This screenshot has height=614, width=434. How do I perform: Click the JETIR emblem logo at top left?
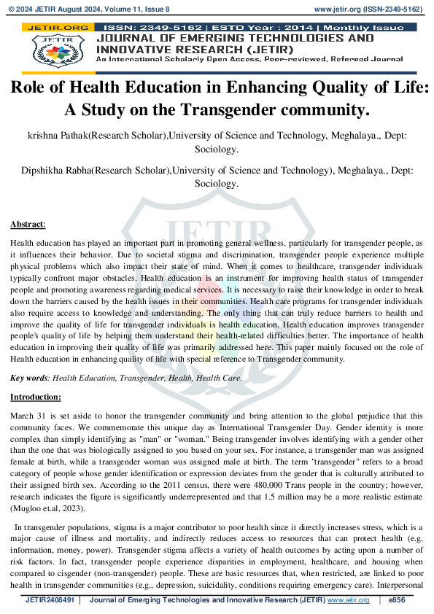54,49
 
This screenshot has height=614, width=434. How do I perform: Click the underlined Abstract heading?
27,224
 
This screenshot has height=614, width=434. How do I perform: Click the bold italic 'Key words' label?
28,378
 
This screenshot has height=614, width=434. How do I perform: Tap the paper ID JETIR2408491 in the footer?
50,600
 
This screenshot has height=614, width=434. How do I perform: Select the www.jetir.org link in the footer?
349,600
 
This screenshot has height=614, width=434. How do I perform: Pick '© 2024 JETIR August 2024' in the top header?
61,10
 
